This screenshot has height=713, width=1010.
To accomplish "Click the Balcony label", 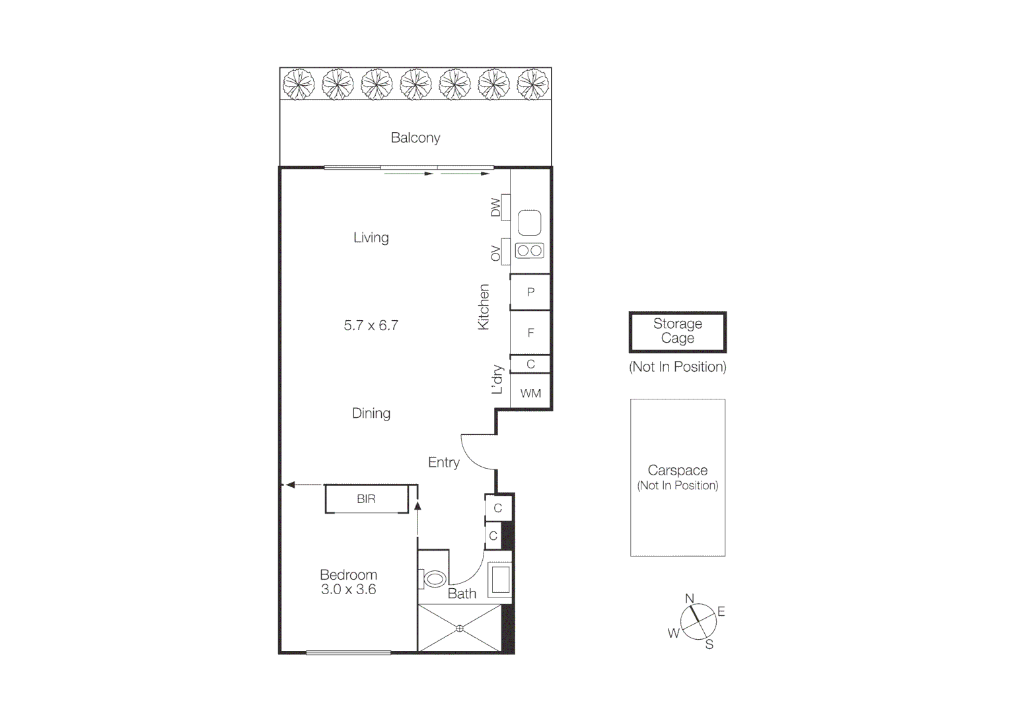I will pyautogui.click(x=415, y=138).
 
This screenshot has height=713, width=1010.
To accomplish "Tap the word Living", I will pyautogui.click(x=371, y=238).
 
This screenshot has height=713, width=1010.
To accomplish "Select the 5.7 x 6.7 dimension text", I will pyautogui.click(x=371, y=325).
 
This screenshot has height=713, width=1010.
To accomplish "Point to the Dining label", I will pyautogui.click(x=371, y=413).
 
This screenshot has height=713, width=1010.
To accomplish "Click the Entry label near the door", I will pyautogui.click(x=443, y=463).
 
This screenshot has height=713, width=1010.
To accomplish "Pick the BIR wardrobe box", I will pyautogui.click(x=366, y=499).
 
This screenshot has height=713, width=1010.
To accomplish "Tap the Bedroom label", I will pyautogui.click(x=348, y=575).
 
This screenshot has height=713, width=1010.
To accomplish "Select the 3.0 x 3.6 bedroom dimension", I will pyautogui.click(x=348, y=590).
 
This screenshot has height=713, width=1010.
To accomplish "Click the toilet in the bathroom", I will pyautogui.click(x=433, y=580).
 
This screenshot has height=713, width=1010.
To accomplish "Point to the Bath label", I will pyautogui.click(x=462, y=594).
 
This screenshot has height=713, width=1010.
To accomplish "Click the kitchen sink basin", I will pyautogui.click(x=529, y=222).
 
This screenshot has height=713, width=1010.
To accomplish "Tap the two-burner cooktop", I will pyautogui.click(x=529, y=251).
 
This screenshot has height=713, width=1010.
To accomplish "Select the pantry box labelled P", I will pyautogui.click(x=530, y=292).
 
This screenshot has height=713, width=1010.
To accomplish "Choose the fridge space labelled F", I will pyautogui.click(x=530, y=333).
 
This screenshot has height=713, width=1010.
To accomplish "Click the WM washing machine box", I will pyautogui.click(x=530, y=393).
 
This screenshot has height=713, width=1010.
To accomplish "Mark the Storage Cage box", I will pyautogui.click(x=677, y=331).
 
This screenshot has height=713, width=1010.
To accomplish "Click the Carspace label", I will pyautogui.click(x=677, y=471).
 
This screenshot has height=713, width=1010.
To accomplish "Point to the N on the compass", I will pyautogui.click(x=690, y=599).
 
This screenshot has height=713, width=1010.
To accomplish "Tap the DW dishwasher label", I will pyautogui.click(x=496, y=209).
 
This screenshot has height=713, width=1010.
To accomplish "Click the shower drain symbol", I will pyautogui.click(x=460, y=628).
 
